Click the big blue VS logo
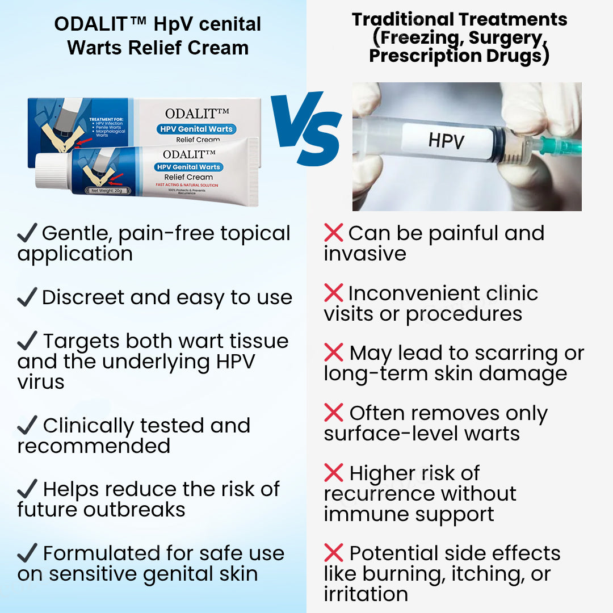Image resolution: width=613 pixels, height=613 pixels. point(306,129)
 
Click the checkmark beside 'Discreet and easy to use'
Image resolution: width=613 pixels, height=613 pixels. point(27,298)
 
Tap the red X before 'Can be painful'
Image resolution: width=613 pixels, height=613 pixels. point(333,233)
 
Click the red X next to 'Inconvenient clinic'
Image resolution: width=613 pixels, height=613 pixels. point(333,293)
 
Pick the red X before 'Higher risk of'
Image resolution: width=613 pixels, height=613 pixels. point(333,473)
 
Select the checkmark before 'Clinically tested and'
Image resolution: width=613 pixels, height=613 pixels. point(27,426)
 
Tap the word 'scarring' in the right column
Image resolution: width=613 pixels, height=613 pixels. point(510,354)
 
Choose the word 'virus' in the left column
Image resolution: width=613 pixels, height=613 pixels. point(41,382)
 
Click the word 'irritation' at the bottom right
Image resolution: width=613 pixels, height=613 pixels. point(366,594)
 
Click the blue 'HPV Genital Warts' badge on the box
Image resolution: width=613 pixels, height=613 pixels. point(196,129)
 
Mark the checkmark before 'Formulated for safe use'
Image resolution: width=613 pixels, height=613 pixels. point(27,553)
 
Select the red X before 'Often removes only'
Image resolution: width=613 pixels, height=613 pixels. point(333,413)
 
